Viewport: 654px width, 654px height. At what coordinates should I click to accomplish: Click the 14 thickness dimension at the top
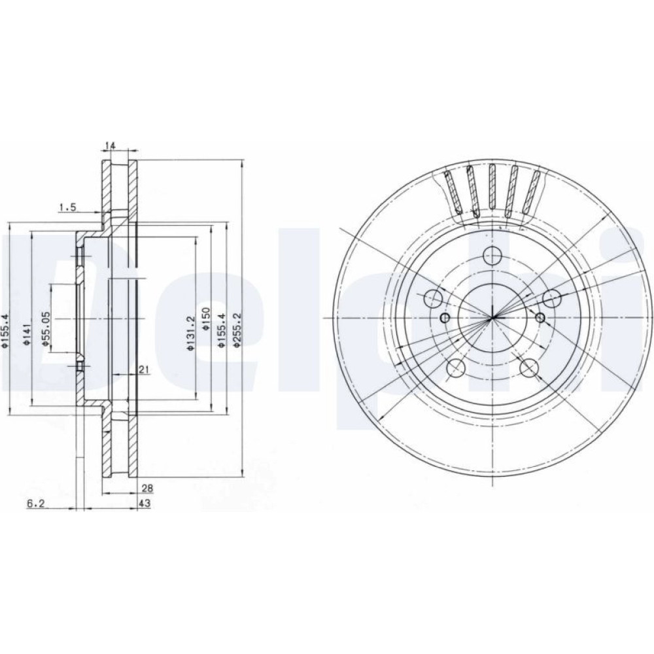pyautogui.click(x=110, y=146)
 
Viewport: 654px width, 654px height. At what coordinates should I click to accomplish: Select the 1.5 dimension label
pyautogui.click(x=68, y=207)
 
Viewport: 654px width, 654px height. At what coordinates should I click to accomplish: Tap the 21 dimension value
pyautogui.click(x=145, y=369)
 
